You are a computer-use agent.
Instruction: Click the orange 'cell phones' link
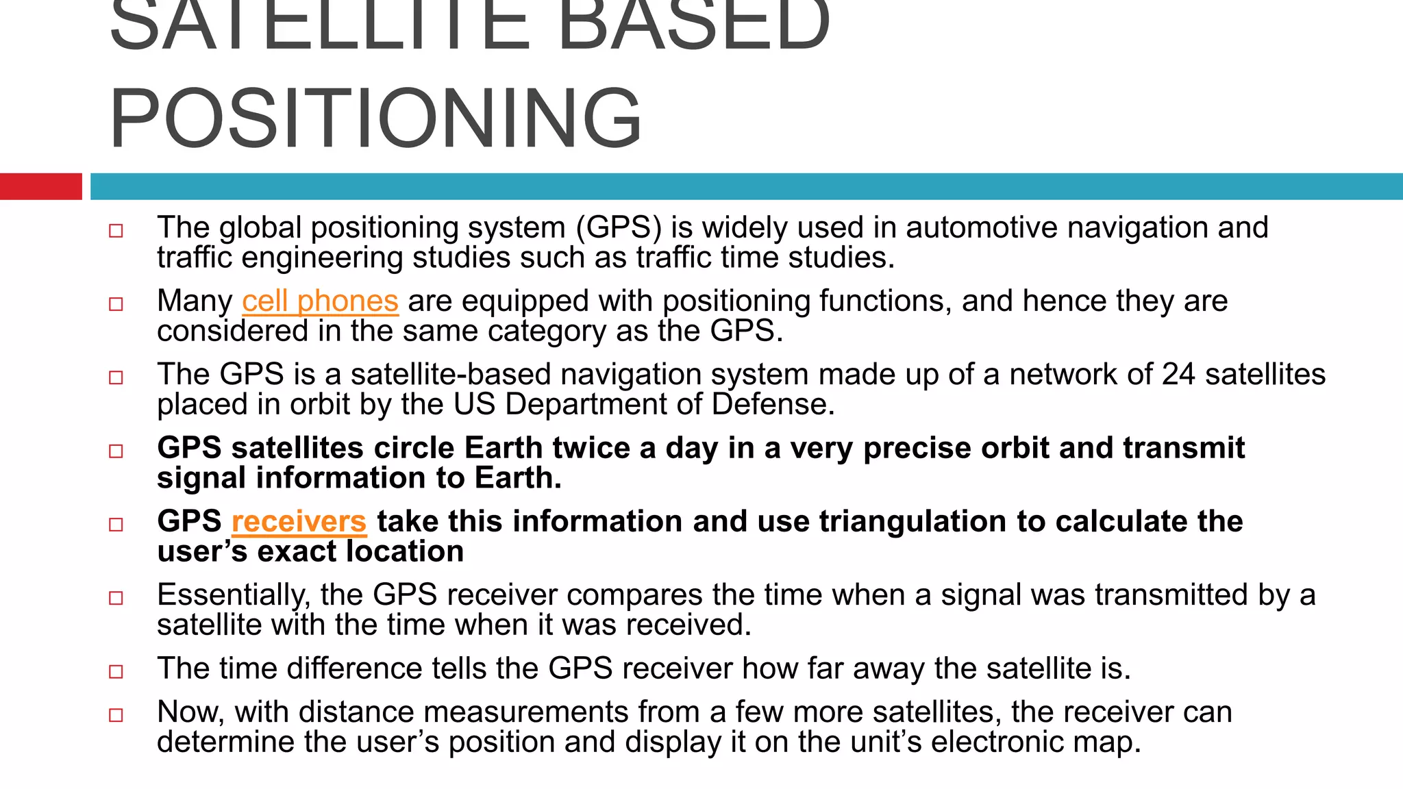coord(320,301)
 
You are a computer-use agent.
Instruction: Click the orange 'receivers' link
coord(299,522)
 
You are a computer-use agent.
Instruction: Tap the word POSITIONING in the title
coord(375,118)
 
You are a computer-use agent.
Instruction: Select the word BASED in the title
coord(693,27)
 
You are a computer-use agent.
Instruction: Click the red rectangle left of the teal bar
coord(40,186)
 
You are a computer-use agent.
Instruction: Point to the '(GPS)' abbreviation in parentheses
coord(619,228)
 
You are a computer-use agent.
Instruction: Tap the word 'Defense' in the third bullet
coord(772,405)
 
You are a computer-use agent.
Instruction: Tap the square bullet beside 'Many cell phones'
coord(116,303)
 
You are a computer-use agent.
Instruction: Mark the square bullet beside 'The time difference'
coord(116,671)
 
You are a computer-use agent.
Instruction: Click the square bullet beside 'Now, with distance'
coord(116,715)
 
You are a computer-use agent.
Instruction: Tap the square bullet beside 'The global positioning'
coord(116,230)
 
